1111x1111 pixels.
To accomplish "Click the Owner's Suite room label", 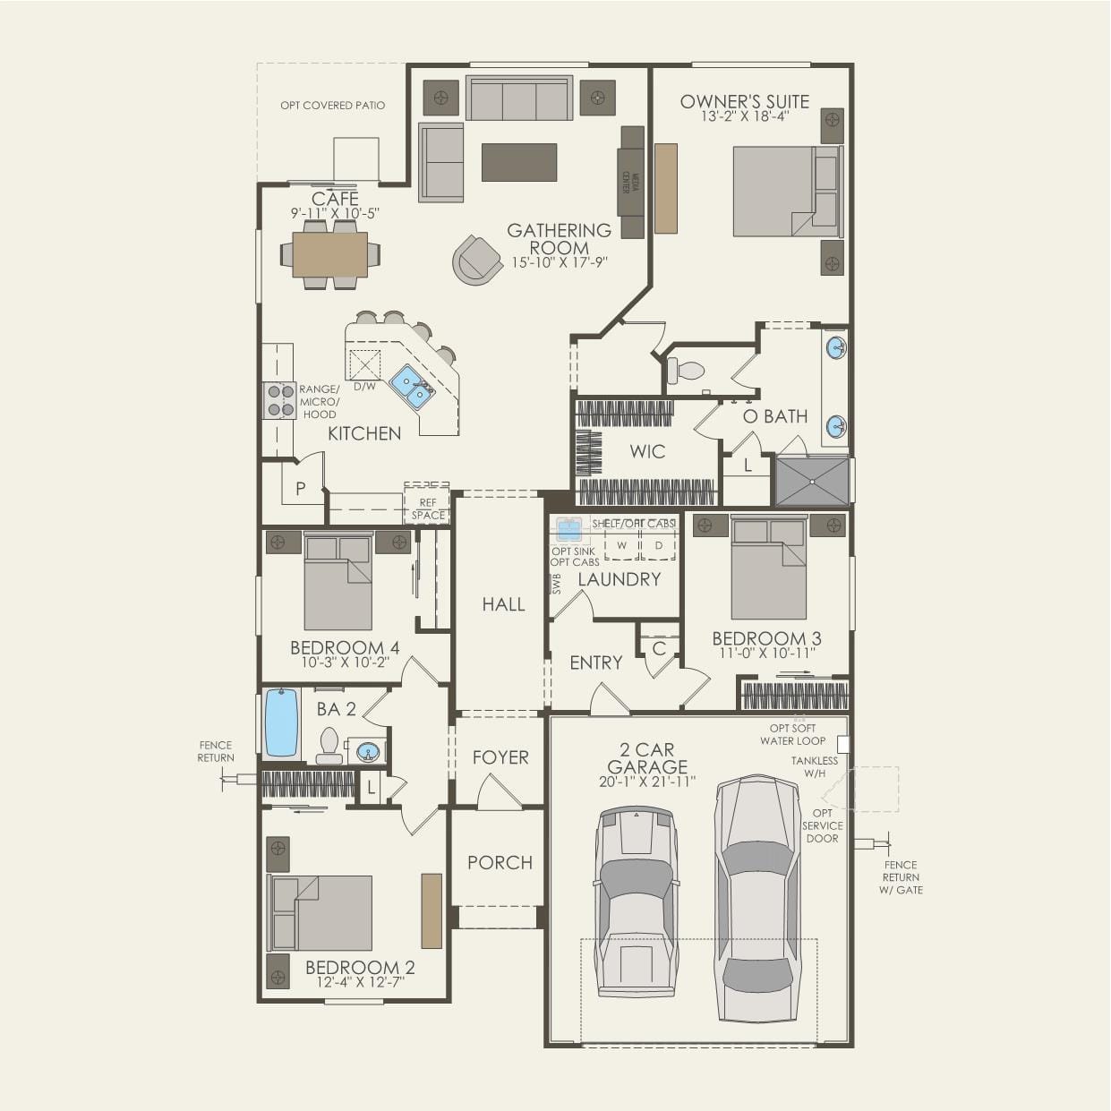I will click(x=744, y=102).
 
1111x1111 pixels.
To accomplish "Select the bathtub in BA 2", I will click(x=281, y=723).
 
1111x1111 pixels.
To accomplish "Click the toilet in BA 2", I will click(x=329, y=746).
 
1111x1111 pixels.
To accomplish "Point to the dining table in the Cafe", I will click(x=329, y=254).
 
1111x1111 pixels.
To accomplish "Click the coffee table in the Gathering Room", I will click(x=519, y=162).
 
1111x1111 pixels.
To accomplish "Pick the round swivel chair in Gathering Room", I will click(x=476, y=260).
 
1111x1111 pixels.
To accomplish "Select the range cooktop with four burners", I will click(x=279, y=400).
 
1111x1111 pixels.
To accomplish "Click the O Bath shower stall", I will click(x=811, y=482).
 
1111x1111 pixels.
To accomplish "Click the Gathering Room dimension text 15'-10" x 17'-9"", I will click(x=560, y=263).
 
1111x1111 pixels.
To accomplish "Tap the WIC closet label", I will click(x=647, y=451).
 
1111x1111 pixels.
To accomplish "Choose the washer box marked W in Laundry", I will click(x=621, y=544).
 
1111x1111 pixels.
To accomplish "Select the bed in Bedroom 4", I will click(x=338, y=583).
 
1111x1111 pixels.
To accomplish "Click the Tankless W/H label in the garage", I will click(x=815, y=767).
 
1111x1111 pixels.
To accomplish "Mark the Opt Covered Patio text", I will click(x=332, y=106).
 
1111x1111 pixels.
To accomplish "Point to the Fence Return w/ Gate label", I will click(x=901, y=877).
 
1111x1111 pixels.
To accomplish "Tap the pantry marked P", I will click(x=300, y=489).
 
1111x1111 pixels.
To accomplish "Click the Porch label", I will click(x=500, y=862).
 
